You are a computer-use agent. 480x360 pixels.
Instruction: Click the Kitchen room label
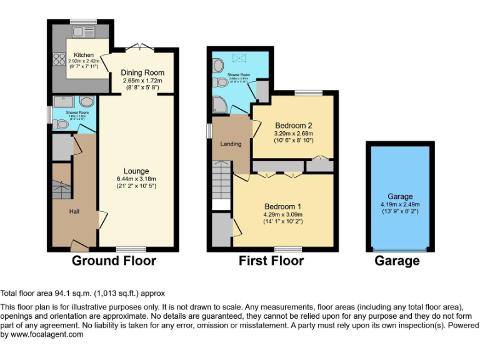(x=84, y=55)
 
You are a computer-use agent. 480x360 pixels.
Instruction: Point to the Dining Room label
(x=142, y=73)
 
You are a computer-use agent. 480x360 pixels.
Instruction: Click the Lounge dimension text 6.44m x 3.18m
(x=136, y=179)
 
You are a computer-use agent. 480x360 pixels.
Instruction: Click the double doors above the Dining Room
(x=136, y=47)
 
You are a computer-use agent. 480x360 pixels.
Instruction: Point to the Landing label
(x=231, y=144)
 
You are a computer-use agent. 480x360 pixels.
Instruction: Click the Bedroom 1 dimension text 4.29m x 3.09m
(x=283, y=215)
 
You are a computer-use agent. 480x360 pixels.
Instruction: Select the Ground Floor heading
(x=114, y=261)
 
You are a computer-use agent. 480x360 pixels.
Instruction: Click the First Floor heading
(x=271, y=261)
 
